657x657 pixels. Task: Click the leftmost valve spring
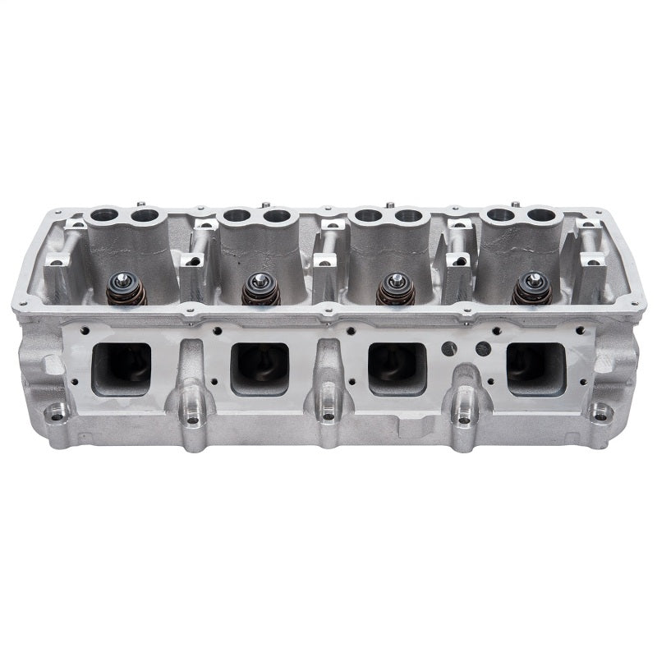(x=126, y=289)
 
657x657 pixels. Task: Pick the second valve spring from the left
(x=260, y=289)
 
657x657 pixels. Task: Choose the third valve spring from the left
(x=396, y=289)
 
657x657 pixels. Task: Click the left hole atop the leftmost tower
(x=106, y=216)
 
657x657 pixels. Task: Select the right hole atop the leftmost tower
(x=145, y=216)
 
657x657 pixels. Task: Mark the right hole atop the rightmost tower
(x=540, y=215)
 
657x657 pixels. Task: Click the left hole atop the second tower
(x=237, y=216)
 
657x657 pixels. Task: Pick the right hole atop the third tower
(x=409, y=215)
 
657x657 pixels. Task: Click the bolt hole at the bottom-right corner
(x=600, y=413)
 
